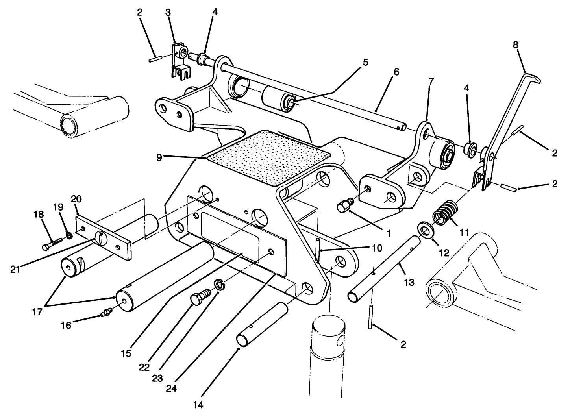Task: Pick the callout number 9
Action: click(159, 157)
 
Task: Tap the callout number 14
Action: click(199, 405)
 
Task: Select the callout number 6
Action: click(396, 72)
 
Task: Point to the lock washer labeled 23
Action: click(219, 284)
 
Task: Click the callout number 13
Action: click(409, 282)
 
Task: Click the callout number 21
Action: click(16, 269)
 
